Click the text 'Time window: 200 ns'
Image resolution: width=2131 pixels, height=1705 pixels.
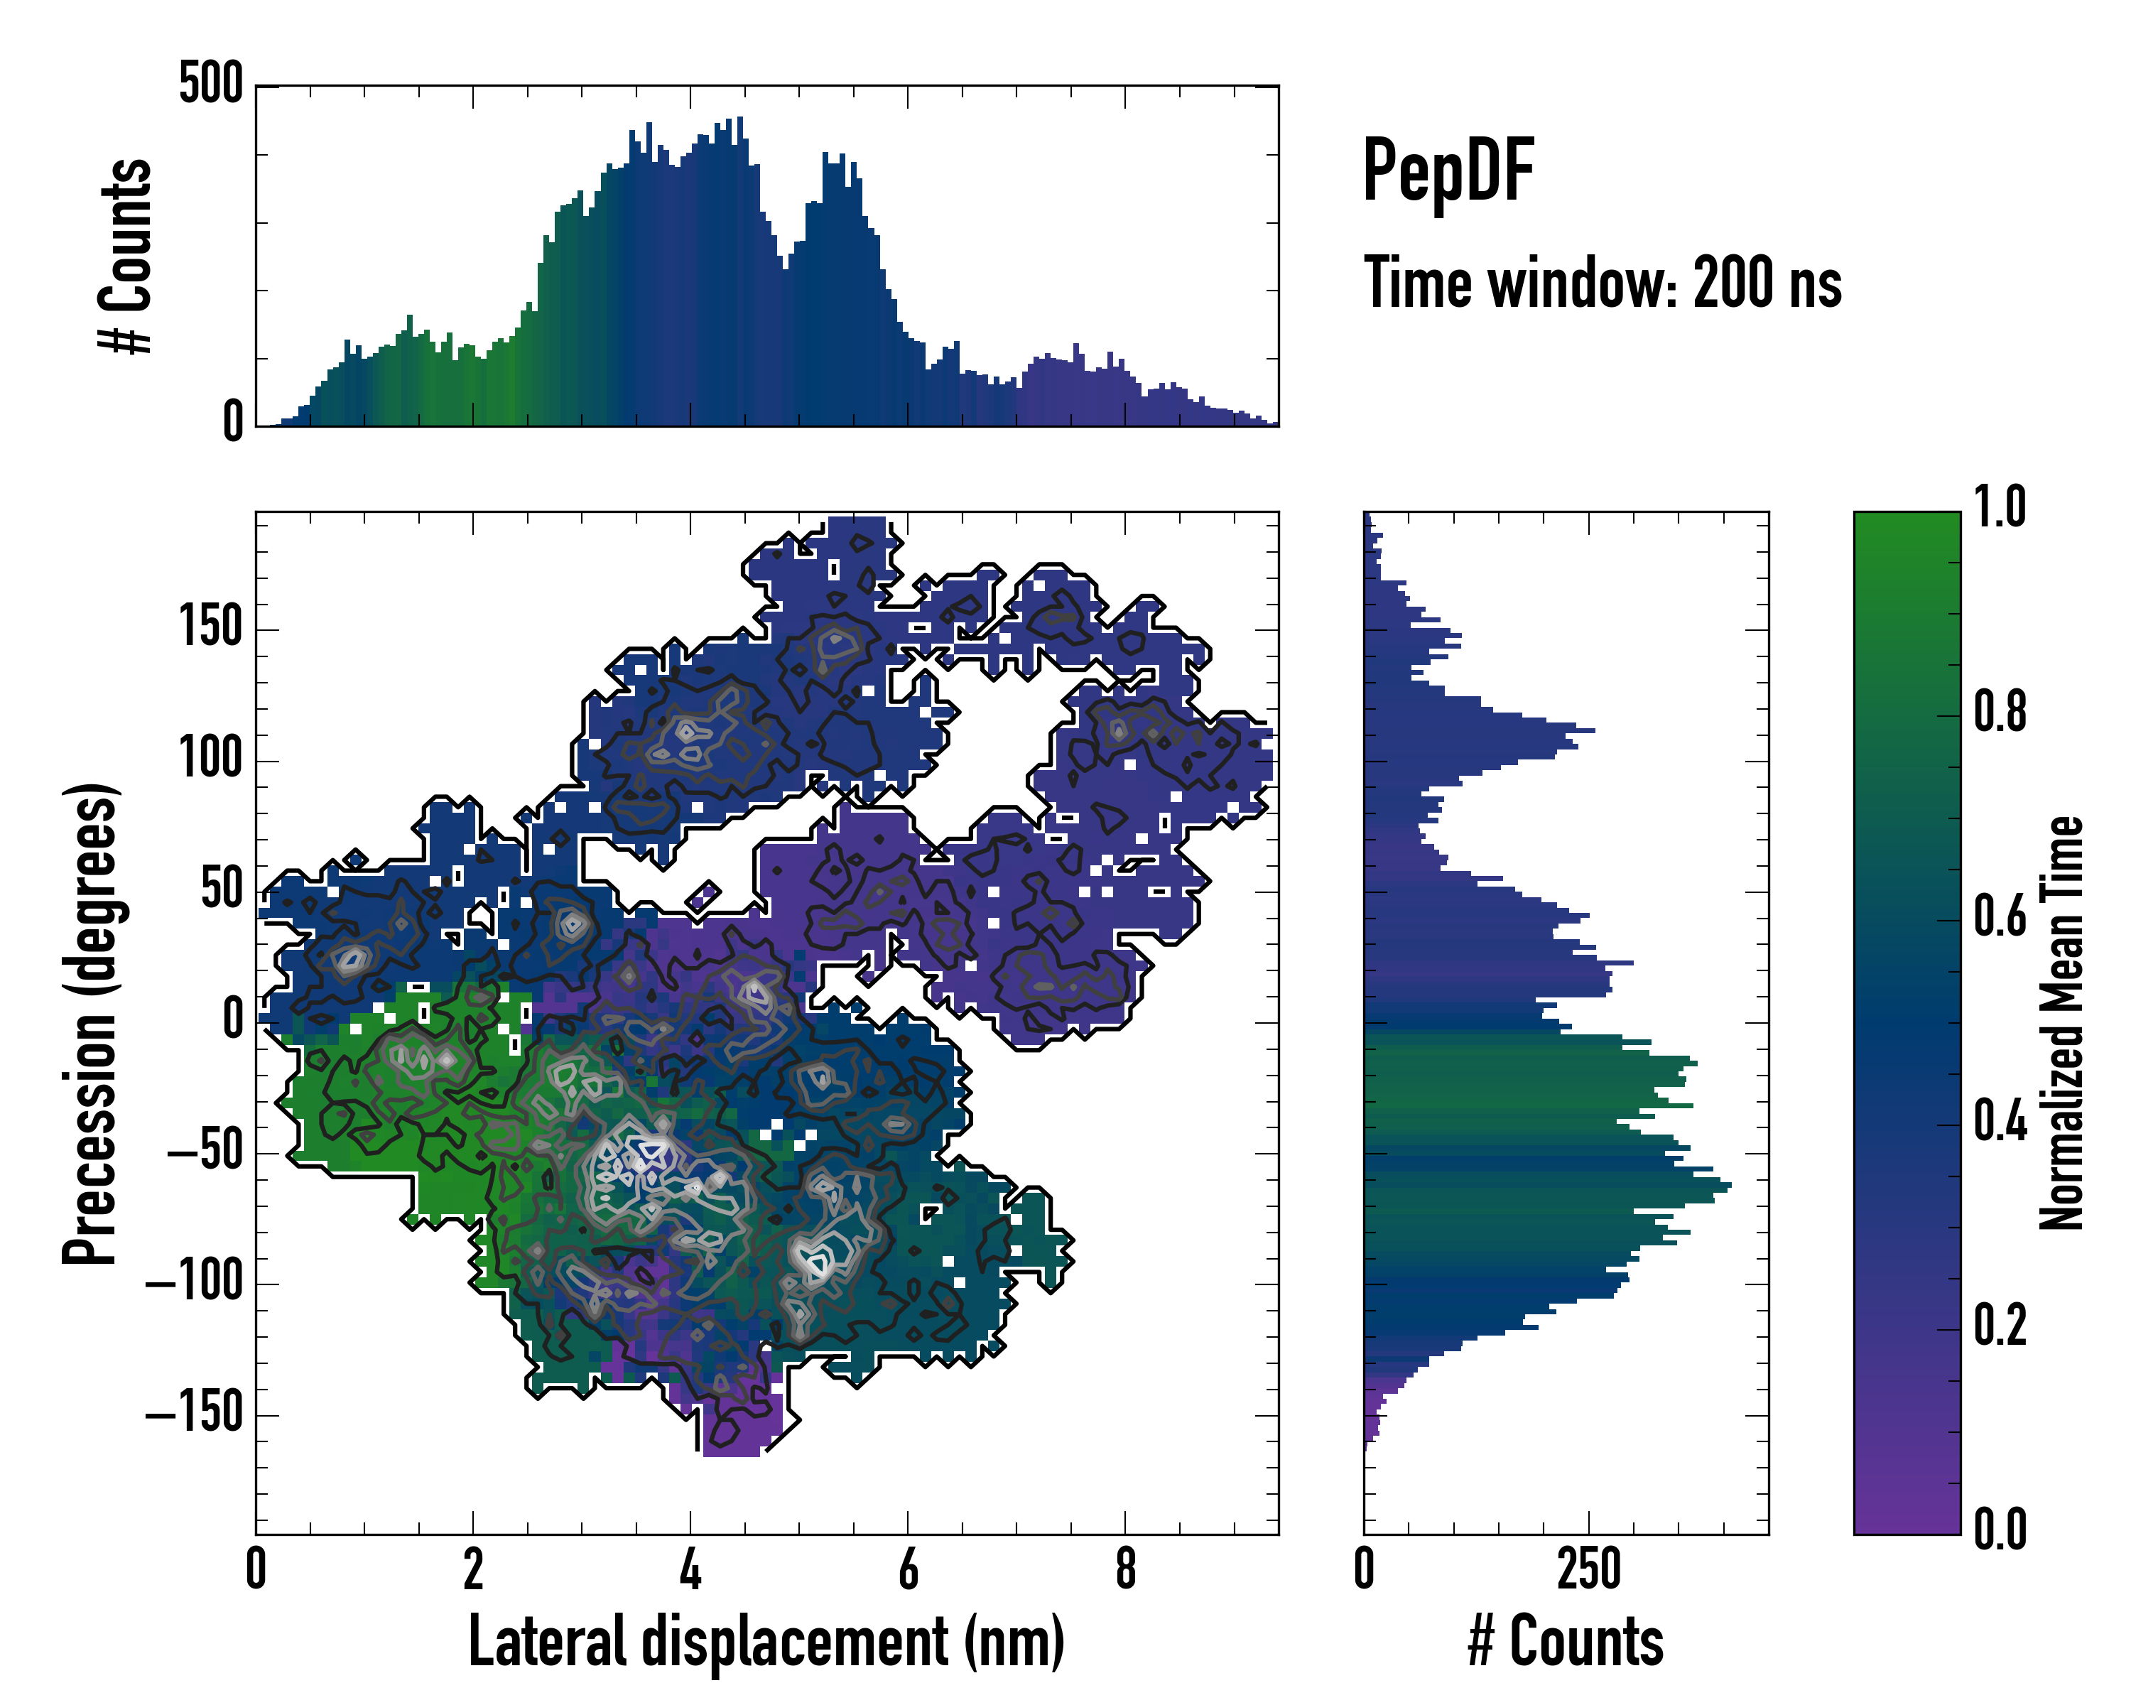[x=1603, y=283]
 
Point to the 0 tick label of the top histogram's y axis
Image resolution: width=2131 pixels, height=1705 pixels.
[x=232, y=423]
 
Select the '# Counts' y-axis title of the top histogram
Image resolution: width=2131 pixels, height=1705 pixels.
[x=126, y=255]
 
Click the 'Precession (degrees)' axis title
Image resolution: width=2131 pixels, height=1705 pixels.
[x=91, y=1022]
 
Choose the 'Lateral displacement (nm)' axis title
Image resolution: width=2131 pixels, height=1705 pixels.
[x=766, y=1641]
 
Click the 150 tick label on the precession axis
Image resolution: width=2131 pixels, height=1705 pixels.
[x=210, y=629]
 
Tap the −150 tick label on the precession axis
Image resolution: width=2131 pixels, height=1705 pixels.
[x=195, y=1414]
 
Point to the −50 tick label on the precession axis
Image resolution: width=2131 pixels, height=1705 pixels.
[x=205, y=1152]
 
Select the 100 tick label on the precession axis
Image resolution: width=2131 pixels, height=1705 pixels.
[x=210, y=760]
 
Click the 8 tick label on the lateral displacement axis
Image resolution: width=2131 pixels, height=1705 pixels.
[x=1124, y=1569]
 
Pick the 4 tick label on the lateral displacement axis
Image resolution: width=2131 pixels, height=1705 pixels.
[x=690, y=1569]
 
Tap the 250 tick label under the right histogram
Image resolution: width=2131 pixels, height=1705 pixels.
[x=1588, y=1569]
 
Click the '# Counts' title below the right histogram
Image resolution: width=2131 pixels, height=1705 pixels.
[x=1566, y=1641]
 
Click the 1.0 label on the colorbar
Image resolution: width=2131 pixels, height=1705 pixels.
[x=2000, y=507]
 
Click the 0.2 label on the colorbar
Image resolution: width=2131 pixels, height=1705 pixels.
[x=2000, y=1326]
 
